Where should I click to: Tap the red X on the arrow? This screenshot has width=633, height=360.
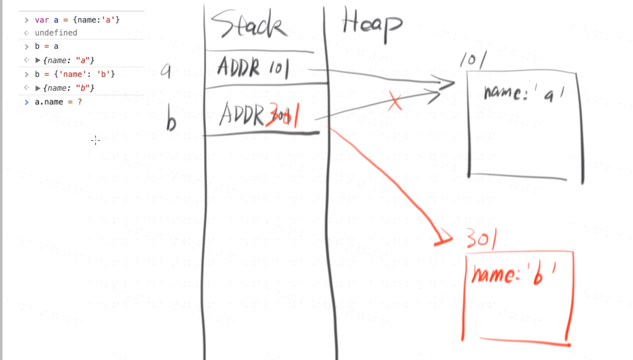click(395, 102)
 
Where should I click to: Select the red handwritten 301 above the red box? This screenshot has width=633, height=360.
click(481, 239)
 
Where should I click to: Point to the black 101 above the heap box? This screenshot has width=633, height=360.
click(473, 61)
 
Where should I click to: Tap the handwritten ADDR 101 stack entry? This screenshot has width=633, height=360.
click(253, 68)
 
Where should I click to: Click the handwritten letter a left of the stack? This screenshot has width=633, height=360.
click(166, 71)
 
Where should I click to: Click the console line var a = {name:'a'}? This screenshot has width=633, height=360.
click(77, 20)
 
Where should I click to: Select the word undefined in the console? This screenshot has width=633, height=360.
click(56, 33)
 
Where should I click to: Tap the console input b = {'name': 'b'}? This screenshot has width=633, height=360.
click(75, 74)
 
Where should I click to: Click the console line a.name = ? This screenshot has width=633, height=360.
click(58, 102)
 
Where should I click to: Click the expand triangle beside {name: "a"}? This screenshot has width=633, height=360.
click(38, 60)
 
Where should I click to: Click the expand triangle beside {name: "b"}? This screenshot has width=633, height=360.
click(38, 88)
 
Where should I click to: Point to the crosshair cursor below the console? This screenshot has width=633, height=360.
click(95, 141)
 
